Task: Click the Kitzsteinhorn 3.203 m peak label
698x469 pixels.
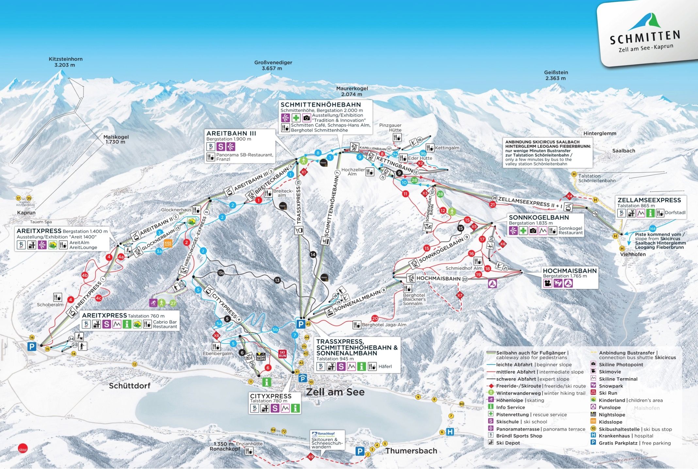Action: (65, 62)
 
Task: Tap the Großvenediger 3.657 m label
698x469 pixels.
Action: (273, 65)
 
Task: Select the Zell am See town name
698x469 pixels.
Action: (335, 392)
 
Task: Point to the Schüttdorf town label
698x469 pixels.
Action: (130, 386)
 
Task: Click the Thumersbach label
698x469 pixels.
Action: (411, 451)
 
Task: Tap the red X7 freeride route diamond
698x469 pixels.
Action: (460, 295)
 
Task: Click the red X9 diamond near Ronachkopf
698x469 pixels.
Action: (311, 457)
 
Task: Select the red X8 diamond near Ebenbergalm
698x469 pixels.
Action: (216, 335)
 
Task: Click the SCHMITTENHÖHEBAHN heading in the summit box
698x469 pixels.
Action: (321, 105)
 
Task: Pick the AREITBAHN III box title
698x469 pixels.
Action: (231, 133)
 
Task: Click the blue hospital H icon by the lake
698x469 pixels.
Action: (450, 432)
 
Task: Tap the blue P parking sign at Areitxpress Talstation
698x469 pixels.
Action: (32, 346)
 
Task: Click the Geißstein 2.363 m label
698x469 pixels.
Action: (556, 75)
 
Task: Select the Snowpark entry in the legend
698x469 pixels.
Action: (611, 386)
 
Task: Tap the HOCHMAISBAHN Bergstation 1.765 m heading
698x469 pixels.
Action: (570, 271)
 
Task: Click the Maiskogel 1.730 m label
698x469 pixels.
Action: (116, 139)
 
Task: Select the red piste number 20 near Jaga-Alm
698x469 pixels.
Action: (375, 318)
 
